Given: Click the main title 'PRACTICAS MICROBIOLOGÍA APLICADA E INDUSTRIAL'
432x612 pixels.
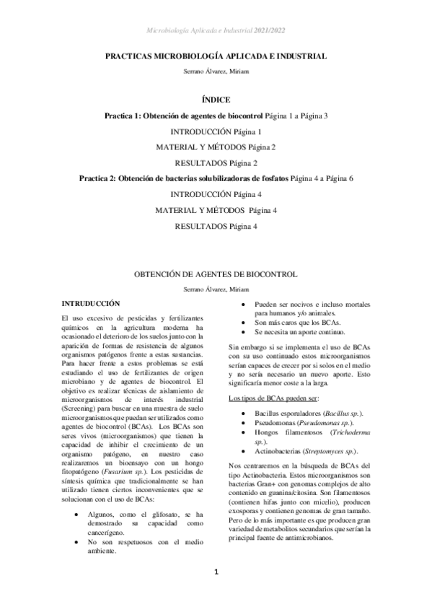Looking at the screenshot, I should pos(216,56).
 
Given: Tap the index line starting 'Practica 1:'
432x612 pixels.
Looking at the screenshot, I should pos(216,115).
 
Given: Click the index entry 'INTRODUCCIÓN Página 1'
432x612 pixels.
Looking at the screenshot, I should pos(216,131).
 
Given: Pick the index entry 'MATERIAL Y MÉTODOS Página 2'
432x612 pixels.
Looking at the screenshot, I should pos(216,147).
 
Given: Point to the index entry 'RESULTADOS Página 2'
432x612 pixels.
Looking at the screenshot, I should pos(216,163).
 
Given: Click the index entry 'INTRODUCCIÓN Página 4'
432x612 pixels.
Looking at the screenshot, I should pos(216,194).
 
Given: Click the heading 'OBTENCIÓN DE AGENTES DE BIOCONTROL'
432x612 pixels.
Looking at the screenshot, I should pos(216,275).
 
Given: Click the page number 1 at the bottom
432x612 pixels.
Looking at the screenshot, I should pos(215,593).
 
